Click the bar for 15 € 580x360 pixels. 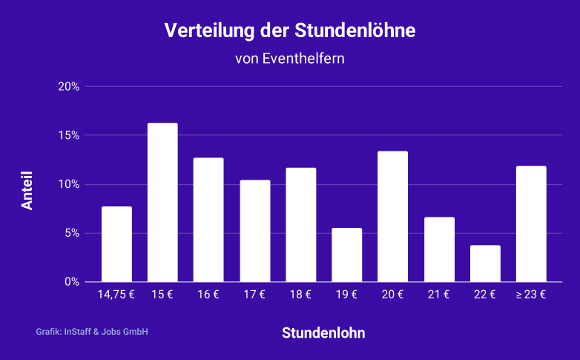coord(162,203)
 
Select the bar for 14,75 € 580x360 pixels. coord(116,244)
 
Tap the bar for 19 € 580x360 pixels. coord(346,255)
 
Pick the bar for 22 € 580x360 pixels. coord(485,264)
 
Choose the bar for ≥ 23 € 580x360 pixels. coord(531,224)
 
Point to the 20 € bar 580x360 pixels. coord(392,217)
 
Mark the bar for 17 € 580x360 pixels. coord(254,231)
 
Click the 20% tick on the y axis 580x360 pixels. coord(69,87)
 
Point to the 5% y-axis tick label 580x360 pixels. coord(71,233)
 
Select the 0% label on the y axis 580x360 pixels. coord(71,282)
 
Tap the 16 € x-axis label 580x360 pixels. coord(208,295)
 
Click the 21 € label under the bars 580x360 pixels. coord(438,295)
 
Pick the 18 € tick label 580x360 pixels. coord(300,295)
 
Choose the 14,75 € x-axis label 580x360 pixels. coord(116,295)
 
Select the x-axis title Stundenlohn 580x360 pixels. coord(323,333)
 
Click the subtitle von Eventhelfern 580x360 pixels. coord(290,59)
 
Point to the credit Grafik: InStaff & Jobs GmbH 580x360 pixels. coord(92,332)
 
